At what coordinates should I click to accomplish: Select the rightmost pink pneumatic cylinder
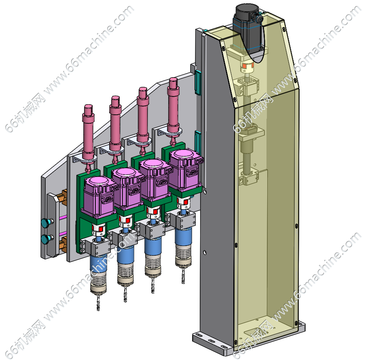pyautogui.click(x=173, y=109)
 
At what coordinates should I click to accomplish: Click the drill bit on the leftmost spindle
pyautogui.click(x=98, y=302)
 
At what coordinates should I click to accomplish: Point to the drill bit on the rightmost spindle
pyautogui.click(x=183, y=276)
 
